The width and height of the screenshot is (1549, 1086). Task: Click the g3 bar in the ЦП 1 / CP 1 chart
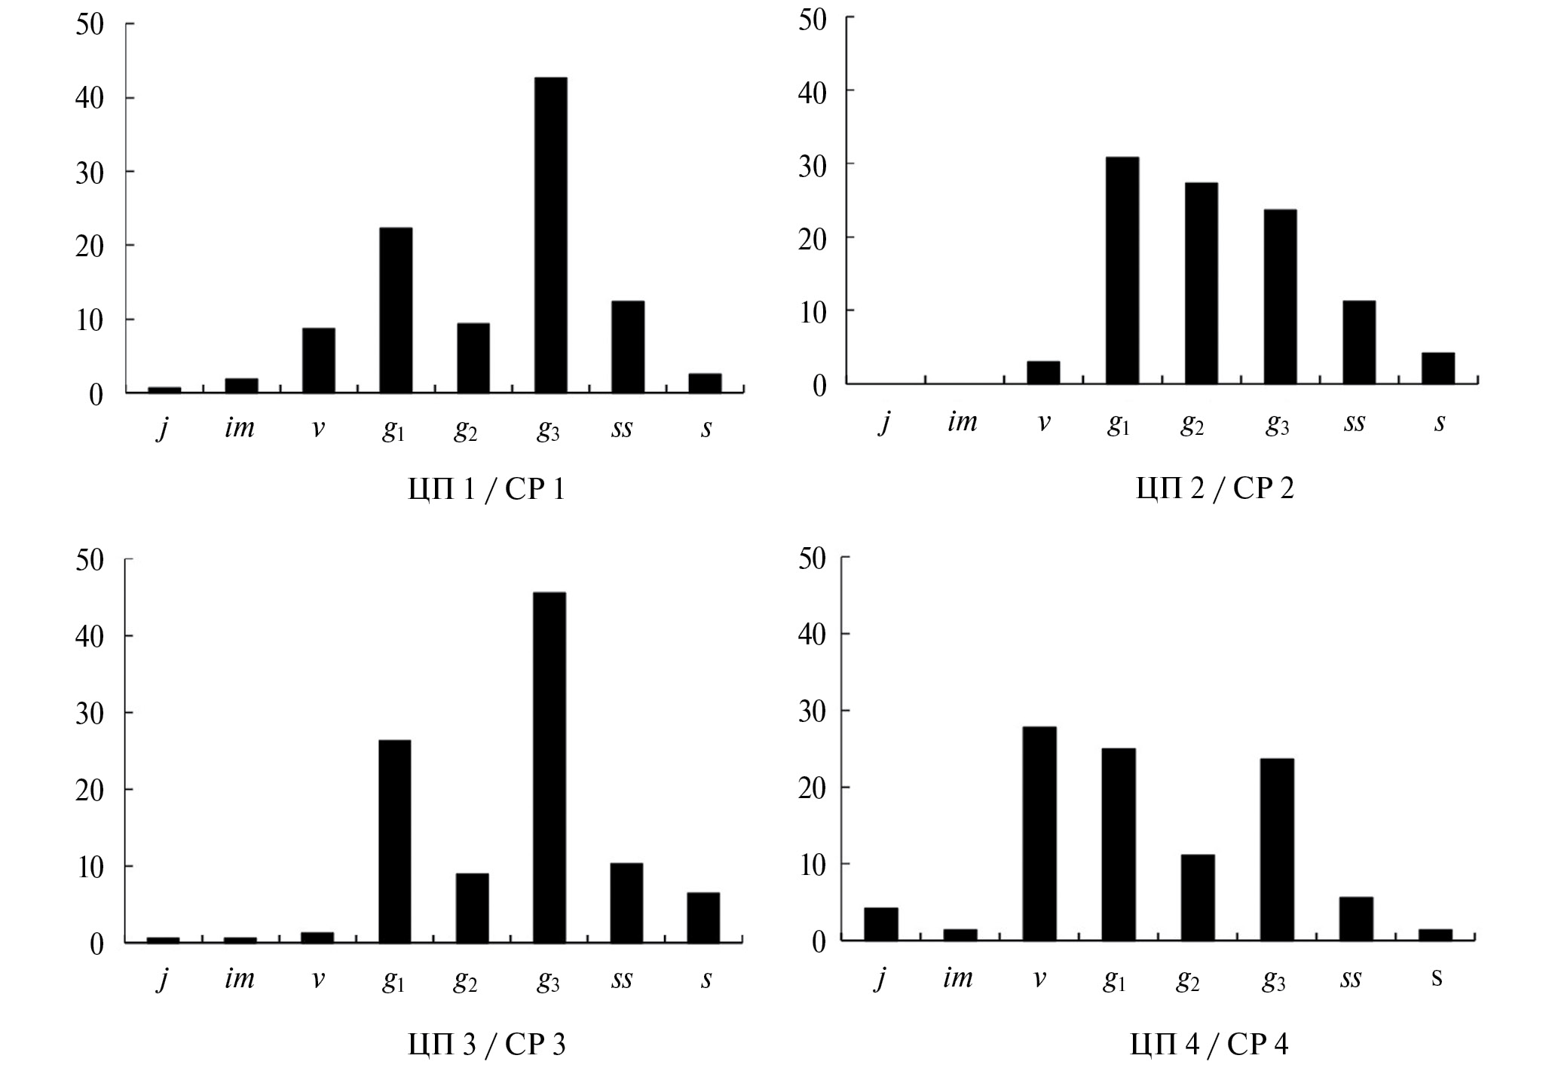click(x=550, y=235)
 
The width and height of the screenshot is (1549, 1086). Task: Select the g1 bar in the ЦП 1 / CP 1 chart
click(x=396, y=310)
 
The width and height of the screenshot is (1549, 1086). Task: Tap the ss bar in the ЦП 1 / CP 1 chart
click(x=627, y=347)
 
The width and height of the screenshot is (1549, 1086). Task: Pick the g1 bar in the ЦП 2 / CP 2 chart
click(x=1122, y=271)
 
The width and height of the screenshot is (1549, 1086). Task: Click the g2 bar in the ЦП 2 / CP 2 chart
click(x=1201, y=283)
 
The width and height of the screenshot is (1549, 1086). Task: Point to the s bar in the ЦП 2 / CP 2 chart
click(x=1437, y=369)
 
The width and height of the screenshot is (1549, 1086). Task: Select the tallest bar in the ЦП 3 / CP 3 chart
click(x=549, y=767)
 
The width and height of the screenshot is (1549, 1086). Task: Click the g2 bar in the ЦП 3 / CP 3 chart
click(x=472, y=907)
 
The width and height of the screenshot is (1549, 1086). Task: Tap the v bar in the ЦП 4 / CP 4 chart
click(x=1039, y=834)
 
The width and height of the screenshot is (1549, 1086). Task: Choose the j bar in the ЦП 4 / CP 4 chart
click(x=880, y=924)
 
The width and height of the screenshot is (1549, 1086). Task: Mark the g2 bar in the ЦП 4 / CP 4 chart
click(x=1198, y=897)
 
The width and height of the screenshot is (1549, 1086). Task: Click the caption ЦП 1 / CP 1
click(x=486, y=491)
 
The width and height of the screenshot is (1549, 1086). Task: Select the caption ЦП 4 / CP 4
click(x=1209, y=1044)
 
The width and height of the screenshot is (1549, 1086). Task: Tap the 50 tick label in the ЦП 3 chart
click(x=90, y=560)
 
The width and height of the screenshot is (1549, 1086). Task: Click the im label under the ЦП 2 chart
click(x=962, y=422)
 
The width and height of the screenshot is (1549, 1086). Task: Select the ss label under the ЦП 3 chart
click(x=622, y=978)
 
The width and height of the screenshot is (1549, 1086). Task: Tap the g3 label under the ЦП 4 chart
click(x=1273, y=980)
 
